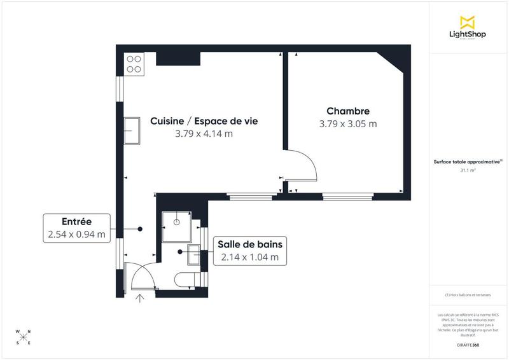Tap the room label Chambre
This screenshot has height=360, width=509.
point(348,111)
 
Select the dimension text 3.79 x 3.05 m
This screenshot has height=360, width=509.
point(348,124)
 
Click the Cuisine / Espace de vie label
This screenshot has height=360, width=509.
point(204,120)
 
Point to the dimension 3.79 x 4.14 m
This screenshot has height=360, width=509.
point(204,134)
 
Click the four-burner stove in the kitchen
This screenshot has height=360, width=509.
point(134,64)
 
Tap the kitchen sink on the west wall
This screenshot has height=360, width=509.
point(133,130)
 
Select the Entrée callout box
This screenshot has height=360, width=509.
point(76,228)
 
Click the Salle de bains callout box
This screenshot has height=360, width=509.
point(250,250)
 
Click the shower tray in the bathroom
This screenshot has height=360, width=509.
point(176,225)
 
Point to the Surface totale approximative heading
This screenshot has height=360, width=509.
point(468,162)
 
